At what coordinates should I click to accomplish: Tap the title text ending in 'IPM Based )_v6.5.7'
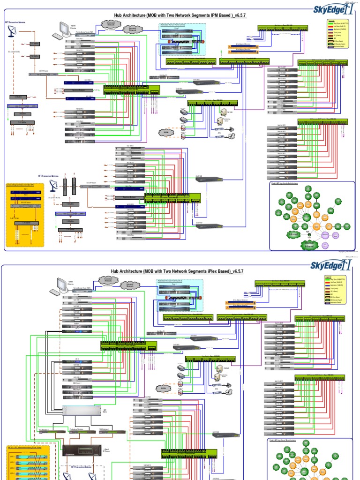tap(180, 15)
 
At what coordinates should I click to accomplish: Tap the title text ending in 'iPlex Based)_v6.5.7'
tap(177, 271)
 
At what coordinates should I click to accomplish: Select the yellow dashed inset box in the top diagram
tap(25, 213)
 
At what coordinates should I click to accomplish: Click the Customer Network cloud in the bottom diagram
tap(108, 278)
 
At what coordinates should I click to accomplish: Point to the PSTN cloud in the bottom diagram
tap(163, 389)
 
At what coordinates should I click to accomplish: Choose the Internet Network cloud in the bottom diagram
tap(130, 285)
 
